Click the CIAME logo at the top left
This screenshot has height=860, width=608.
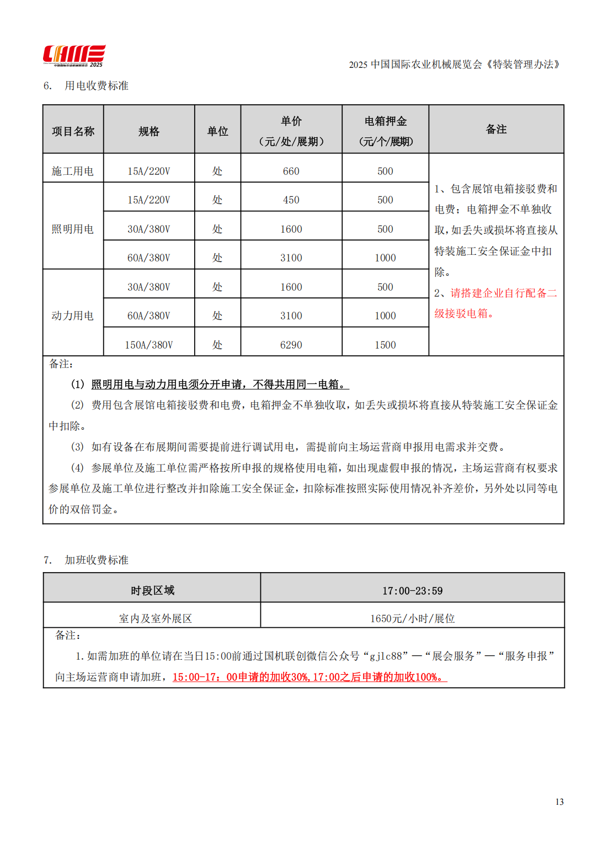[74, 56]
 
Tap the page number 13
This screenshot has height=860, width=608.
[559, 802]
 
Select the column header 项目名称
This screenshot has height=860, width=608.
[73, 131]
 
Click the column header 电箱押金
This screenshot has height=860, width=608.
[385, 121]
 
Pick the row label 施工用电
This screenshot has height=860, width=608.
[73, 171]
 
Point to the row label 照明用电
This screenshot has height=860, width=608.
[73, 229]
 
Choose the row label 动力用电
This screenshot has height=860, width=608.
[73, 316]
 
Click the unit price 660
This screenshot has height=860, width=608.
[291, 171]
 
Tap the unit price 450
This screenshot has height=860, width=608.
[291, 200]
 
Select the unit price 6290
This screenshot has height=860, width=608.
[291, 345]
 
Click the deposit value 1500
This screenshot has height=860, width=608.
[385, 345]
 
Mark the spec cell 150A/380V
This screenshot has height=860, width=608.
[148, 345]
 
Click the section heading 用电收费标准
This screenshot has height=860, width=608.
[96, 86]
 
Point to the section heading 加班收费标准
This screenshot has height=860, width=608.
[96, 560]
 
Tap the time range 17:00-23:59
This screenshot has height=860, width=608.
[412, 591]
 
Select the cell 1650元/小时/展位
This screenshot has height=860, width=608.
[412, 618]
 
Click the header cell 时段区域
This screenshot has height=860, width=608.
[152, 591]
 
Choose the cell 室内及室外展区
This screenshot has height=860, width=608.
[155, 618]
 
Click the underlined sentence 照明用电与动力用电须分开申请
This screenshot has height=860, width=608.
[220, 384]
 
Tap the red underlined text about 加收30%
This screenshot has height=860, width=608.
[309, 677]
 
